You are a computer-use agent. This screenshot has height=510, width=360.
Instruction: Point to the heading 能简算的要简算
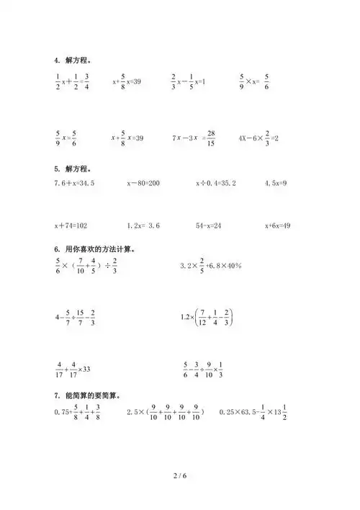[x=87, y=395]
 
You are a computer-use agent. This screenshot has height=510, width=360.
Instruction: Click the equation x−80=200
[x=143, y=184]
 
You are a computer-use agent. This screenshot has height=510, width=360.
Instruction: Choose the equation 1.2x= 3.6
[x=143, y=226]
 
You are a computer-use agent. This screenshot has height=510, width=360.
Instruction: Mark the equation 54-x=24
[x=208, y=226]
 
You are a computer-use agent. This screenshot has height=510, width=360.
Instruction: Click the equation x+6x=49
[x=277, y=226]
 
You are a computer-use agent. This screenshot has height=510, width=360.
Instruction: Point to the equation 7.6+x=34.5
[x=74, y=184]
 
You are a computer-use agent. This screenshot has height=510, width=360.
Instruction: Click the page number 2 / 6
[x=179, y=476]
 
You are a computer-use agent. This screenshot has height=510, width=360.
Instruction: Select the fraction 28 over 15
[x=210, y=138]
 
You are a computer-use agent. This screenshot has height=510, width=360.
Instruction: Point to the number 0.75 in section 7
[x=63, y=412]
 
